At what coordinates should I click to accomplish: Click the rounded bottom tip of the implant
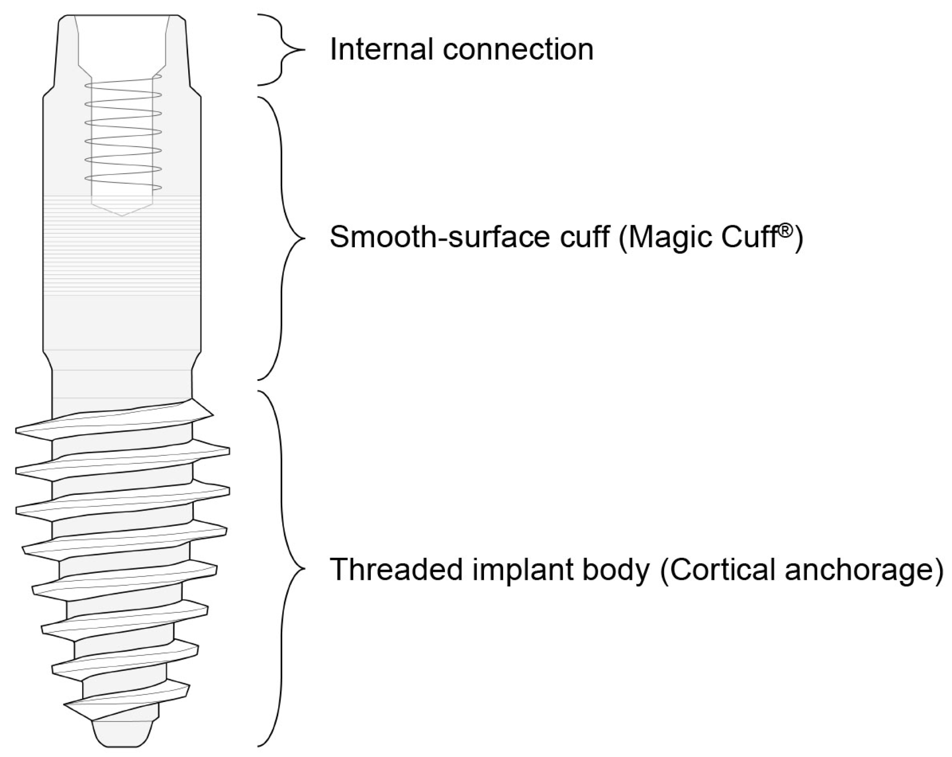pos(122,735)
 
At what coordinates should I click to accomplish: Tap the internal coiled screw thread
pos(123,135)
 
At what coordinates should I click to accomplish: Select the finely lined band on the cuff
pos(122,245)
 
